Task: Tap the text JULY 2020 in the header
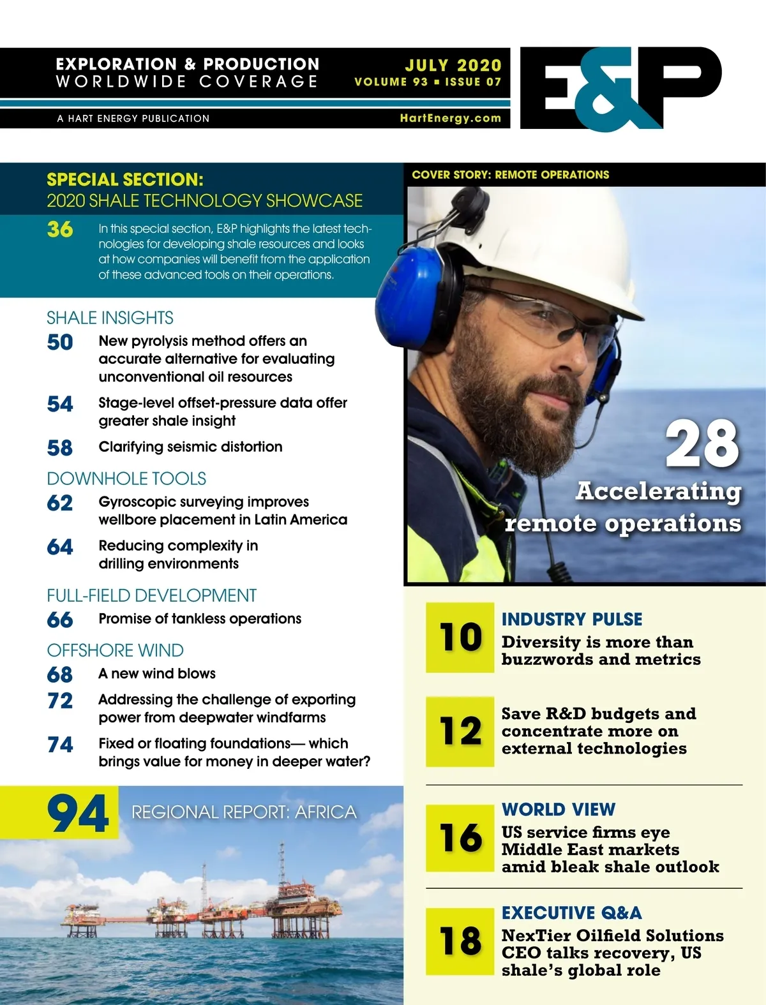(x=453, y=65)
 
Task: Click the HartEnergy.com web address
(x=450, y=118)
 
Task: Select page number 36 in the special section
(x=60, y=229)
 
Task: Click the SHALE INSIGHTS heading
(x=110, y=318)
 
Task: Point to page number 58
(x=60, y=448)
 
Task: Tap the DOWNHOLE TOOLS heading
(x=126, y=479)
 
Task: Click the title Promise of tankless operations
(x=200, y=618)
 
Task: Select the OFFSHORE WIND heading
(x=115, y=650)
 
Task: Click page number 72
(x=60, y=701)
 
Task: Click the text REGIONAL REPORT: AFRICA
(x=244, y=812)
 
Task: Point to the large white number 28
(x=702, y=443)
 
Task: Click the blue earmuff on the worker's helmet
(x=409, y=294)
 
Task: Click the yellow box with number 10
(x=460, y=637)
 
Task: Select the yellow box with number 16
(x=460, y=838)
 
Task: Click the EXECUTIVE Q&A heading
(x=571, y=912)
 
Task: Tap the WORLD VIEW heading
(x=559, y=809)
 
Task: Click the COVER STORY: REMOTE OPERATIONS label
(x=510, y=175)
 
